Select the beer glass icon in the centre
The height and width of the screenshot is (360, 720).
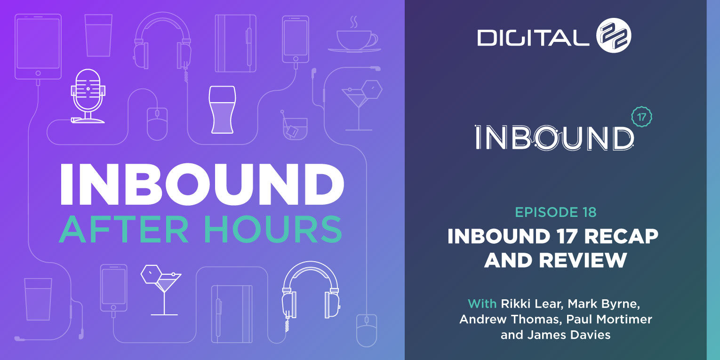[222, 110]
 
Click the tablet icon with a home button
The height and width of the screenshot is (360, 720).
[38, 46]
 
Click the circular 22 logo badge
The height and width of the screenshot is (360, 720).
[614, 35]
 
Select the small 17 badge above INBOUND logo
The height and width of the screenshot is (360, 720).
[641, 117]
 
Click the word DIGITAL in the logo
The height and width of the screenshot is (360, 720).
[533, 38]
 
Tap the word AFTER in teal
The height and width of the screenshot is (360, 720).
[124, 230]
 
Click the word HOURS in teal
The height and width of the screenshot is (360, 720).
[273, 230]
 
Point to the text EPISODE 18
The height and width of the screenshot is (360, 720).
[556, 212]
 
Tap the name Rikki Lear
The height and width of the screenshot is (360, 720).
[532, 304]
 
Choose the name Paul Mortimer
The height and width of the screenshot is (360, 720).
[609, 319]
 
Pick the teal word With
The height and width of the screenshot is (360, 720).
[482, 304]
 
